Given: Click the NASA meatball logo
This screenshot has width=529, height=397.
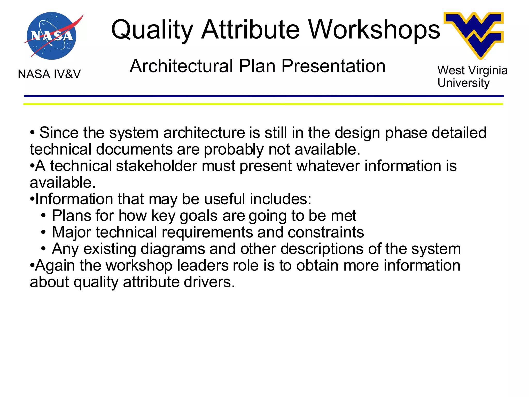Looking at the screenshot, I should pyautogui.click(x=52, y=36).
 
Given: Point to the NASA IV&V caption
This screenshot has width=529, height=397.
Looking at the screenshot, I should pyautogui.click(x=49, y=74).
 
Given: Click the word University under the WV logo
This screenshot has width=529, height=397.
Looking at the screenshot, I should pyautogui.click(x=463, y=83).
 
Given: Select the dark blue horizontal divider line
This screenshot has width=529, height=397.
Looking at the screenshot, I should pyautogui.click(x=263, y=96).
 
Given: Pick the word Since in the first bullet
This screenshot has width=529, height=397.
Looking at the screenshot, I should pyautogui.click(x=59, y=133).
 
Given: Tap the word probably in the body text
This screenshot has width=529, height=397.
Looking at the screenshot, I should pyautogui.click(x=234, y=150).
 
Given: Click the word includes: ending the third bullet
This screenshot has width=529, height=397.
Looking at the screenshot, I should pyautogui.click(x=281, y=199).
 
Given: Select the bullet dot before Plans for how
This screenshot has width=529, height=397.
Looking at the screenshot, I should pyautogui.click(x=43, y=216).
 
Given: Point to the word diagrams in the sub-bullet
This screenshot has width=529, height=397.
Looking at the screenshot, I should pyautogui.click(x=173, y=249).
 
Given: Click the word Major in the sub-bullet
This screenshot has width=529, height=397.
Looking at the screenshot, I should pyautogui.click(x=72, y=233).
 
